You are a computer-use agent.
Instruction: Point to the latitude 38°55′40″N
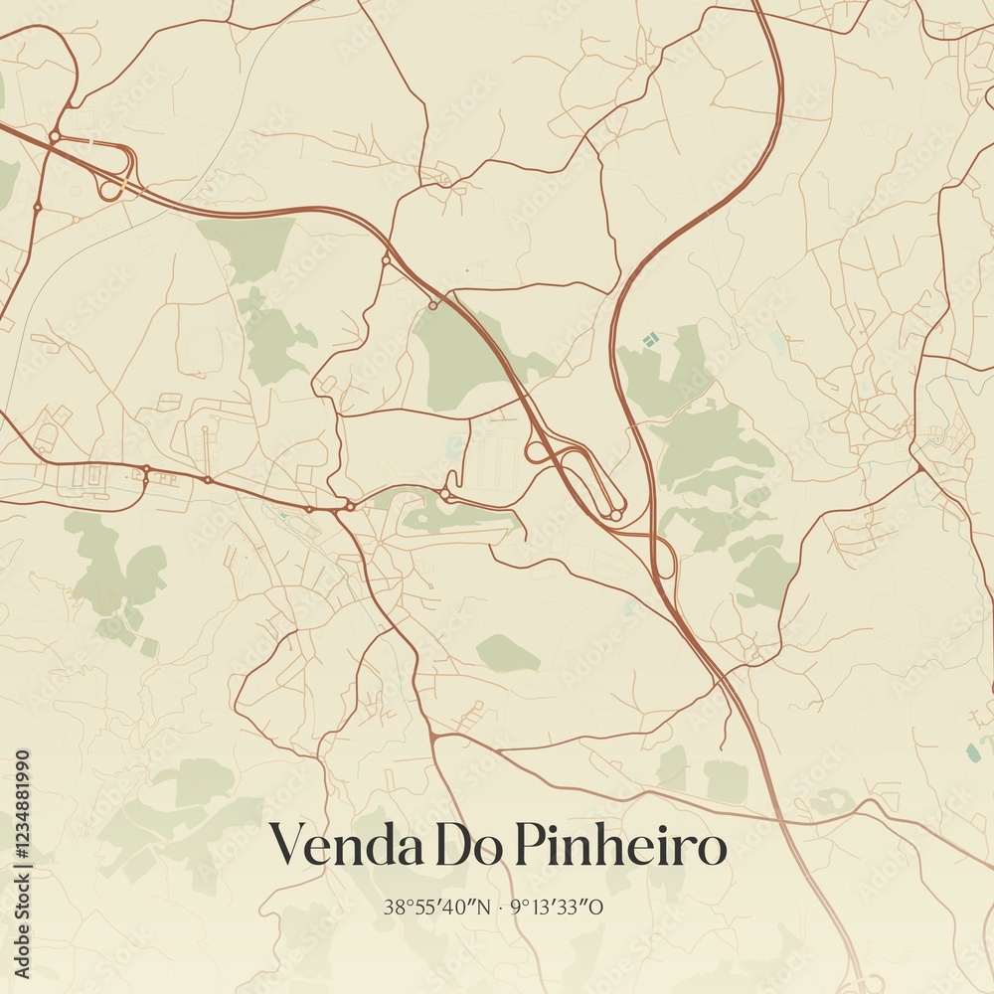tap(437, 907)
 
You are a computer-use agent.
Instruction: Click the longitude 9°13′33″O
tap(557, 907)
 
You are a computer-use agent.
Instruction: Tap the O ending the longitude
tap(598, 907)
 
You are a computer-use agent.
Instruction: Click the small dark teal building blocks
tap(650, 340)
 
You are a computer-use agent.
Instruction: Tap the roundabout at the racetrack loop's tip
tap(616, 515)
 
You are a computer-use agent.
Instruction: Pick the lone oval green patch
tap(507, 653)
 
